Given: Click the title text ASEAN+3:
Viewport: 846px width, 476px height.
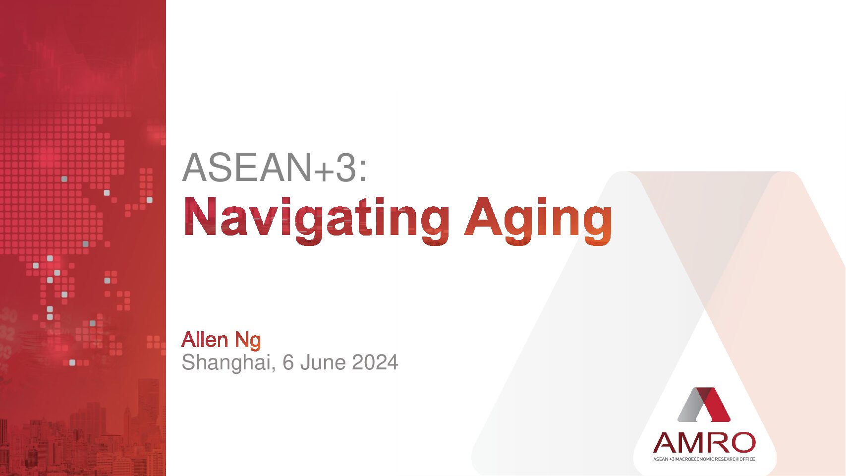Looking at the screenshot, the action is pyautogui.click(x=274, y=167).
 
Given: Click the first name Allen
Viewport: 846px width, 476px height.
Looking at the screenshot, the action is pyautogui.click(x=205, y=340).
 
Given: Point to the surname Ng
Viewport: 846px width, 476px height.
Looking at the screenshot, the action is pyautogui.click(x=248, y=341).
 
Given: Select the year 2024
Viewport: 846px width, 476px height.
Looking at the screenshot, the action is pyautogui.click(x=375, y=362).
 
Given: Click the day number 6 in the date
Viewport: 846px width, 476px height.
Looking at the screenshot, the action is pyautogui.click(x=288, y=362).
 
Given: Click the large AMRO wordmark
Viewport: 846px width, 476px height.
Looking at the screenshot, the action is pyautogui.click(x=704, y=443).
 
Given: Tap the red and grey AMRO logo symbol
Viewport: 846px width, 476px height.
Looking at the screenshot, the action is pyautogui.click(x=704, y=404).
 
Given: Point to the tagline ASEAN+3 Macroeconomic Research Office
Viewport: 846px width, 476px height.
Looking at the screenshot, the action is pyautogui.click(x=704, y=459).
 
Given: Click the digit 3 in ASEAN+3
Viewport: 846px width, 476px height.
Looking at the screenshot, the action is pyautogui.click(x=346, y=167).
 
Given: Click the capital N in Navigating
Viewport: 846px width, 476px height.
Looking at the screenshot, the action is pyautogui.click(x=200, y=217).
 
